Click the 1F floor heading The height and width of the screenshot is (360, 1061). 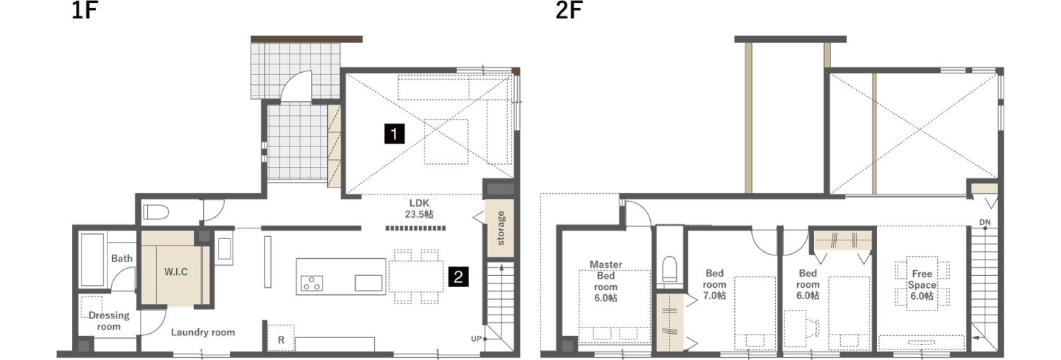point(84,11)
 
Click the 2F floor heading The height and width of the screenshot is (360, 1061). point(569,11)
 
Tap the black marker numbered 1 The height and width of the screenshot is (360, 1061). point(394,134)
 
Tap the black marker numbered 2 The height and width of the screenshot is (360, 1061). point(458,277)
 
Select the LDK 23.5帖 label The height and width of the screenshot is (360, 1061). point(419,209)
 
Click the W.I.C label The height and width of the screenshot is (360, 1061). point(175,272)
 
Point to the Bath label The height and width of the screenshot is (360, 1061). point(122,258)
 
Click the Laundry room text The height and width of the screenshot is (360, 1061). point(203,332)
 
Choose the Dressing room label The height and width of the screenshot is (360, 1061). point(108,320)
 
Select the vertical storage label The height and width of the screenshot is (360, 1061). point(501,228)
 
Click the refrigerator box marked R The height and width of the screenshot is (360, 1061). point(281,338)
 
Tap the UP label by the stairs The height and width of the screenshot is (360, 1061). point(476,339)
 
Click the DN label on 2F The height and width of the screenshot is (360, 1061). point(985,222)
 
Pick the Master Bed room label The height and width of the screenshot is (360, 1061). point(605,281)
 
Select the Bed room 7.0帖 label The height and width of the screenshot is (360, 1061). point(714,284)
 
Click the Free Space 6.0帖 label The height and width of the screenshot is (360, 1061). point(922,285)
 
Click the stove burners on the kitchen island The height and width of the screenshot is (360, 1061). point(312,284)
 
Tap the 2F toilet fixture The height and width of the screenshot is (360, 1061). point(669,269)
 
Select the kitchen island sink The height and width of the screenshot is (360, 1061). point(369,283)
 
